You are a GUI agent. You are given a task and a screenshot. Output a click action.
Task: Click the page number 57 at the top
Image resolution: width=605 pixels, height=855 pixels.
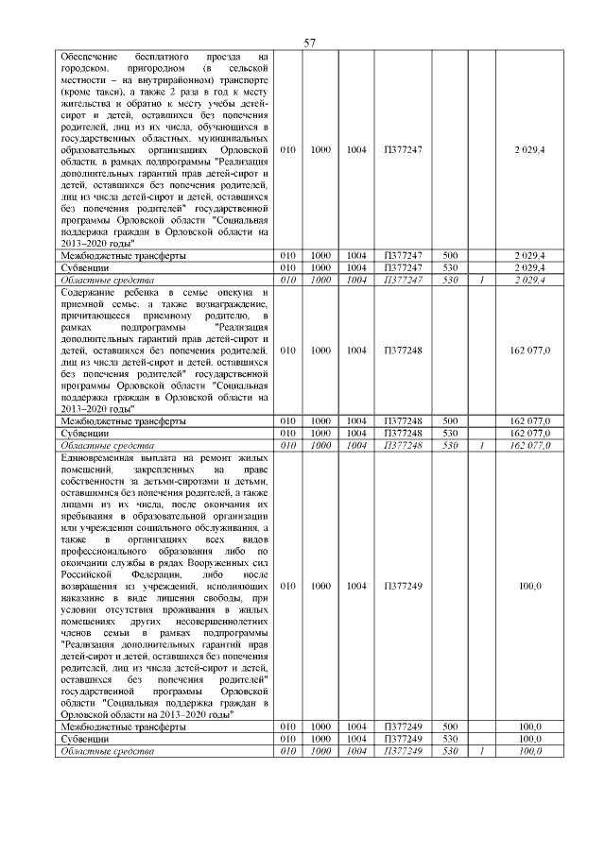click(x=309, y=43)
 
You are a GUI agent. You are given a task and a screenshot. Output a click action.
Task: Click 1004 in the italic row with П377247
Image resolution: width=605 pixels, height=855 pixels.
click(x=356, y=280)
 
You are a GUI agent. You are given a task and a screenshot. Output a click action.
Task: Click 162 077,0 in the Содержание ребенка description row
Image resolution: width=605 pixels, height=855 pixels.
click(x=530, y=351)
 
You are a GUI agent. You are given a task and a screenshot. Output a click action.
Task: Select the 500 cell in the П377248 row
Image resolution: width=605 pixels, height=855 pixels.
click(x=449, y=420)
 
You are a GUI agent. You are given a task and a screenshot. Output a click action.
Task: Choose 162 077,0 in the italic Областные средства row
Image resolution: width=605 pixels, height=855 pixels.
click(x=530, y=444)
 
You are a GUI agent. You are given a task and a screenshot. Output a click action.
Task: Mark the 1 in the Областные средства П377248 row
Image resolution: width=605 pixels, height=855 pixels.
click(x=481, y=444)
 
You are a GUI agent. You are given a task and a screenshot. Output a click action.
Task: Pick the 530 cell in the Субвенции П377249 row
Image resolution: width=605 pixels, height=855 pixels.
click(x=449, y=739)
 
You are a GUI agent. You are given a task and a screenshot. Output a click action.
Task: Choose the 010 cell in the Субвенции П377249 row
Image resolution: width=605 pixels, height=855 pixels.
click(x=288, y=739)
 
